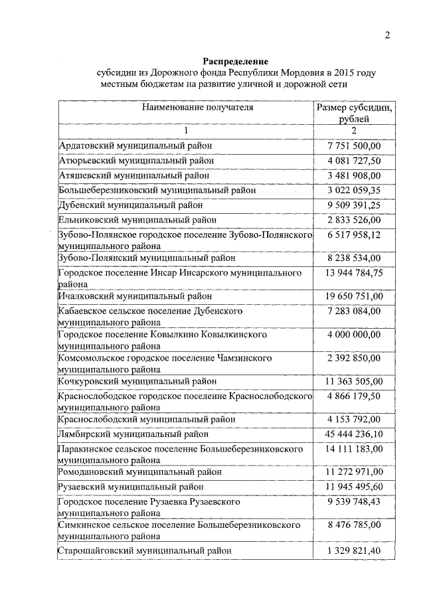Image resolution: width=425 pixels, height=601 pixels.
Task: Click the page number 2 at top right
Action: [388, 35]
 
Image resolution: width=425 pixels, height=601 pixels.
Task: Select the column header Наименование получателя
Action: [187, 106]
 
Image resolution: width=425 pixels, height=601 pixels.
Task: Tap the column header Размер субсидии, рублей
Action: [354, 112]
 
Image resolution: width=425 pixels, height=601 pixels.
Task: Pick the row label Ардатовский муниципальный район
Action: [135, 145]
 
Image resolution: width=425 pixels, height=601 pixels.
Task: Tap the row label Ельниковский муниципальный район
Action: [137, 220]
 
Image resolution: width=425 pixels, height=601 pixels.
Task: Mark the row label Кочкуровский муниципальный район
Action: [137, 381]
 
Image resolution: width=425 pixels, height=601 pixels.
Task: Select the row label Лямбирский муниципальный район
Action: [133, 434]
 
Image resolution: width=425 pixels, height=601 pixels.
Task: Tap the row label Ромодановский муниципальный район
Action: [140, 472]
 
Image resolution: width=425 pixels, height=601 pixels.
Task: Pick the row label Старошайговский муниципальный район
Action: [145, 551]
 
